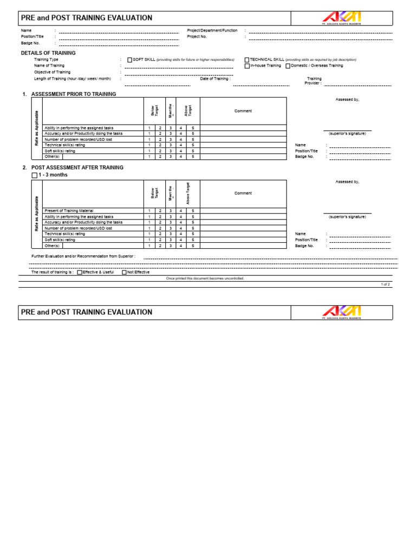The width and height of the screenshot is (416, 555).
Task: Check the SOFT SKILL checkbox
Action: click(x=129, y=60)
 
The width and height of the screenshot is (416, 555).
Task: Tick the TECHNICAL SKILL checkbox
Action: click(x=247, y=60)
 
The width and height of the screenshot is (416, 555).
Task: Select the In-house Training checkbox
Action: click(x=247, y=66)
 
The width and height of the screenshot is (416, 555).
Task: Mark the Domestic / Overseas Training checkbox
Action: click(x=288, y=66)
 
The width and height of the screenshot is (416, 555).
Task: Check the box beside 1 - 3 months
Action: click(x=35, y=176)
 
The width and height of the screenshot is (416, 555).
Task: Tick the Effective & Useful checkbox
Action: click(x=80, y=272)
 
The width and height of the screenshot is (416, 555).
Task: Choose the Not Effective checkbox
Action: click(x=124, y=272)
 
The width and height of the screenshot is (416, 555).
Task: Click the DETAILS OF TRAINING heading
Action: click(x=48, y=53)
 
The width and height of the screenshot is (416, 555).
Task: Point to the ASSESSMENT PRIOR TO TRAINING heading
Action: click(x=74, y=94)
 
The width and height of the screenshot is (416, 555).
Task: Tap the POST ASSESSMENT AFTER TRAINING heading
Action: click(x=77, y=168)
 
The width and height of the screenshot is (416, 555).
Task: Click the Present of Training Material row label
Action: click(x=69, y=210)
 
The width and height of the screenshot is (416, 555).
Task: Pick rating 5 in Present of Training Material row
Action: click(x=192, y=210)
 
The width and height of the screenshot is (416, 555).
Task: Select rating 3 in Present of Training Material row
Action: click(x=170, y=210)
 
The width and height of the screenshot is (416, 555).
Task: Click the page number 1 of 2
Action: click(x=385, y=284)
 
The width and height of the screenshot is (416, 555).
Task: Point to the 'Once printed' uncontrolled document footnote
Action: click(x=205, y=278)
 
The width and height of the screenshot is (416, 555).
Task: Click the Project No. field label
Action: click(x=197, y=36)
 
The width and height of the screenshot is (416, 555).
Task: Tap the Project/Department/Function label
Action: click(x=212, y=30)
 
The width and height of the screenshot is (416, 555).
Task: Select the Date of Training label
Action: click(x=215, y=79)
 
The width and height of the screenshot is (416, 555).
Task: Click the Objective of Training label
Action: click(x=53, y=72)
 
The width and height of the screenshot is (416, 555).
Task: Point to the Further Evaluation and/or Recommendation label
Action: click(x=83, y=256)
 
